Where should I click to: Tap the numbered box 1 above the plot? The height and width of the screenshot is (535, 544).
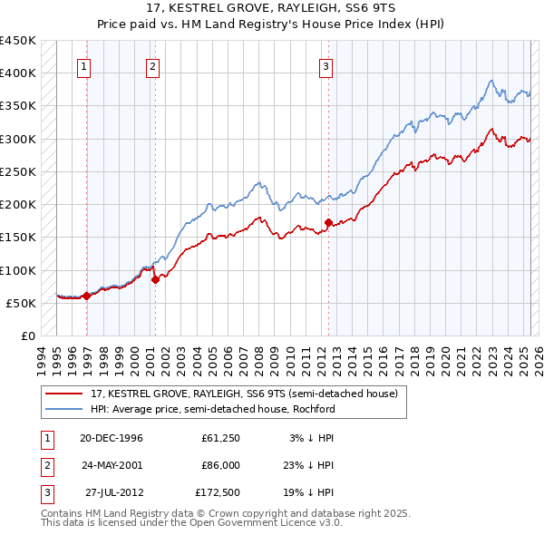coord(83,65)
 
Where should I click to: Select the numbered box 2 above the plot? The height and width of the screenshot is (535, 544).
coord(151,65)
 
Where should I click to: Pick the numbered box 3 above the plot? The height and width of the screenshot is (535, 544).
coord(325,65)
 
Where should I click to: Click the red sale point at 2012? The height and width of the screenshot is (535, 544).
coord(327,222)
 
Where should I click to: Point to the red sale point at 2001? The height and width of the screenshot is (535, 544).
coord(155,279)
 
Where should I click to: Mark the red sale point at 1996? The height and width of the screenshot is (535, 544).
coord(87,296)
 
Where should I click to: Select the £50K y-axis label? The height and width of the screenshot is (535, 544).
coord(22,303)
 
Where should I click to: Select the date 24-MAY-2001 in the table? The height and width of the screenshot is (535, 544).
coord(112,465)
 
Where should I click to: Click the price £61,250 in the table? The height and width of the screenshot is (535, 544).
coord(219,438)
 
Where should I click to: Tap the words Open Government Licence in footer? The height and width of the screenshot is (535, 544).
coord(276,523)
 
